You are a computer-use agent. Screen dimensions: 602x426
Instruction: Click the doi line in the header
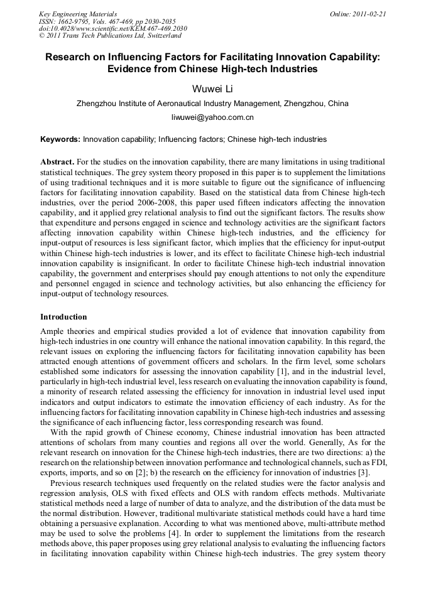104,28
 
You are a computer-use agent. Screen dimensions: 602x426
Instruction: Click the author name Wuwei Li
212,89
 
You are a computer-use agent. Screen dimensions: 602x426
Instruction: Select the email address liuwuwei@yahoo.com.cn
212,117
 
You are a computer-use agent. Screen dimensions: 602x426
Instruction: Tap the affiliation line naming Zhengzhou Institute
212,104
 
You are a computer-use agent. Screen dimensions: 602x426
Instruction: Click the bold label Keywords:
60,139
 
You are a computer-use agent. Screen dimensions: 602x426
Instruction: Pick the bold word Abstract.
57,161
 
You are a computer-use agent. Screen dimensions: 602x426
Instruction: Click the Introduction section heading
63,317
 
